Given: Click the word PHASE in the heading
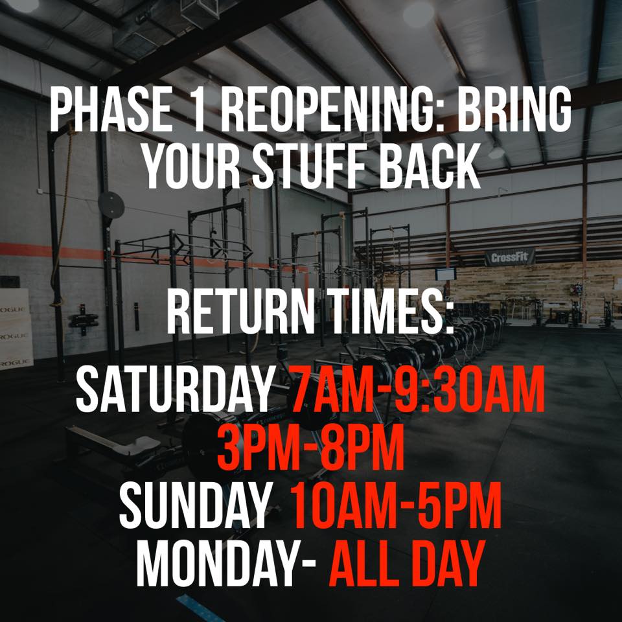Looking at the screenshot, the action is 111,109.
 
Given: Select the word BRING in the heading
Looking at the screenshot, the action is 514,109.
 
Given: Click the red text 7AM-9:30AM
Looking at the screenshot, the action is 417,389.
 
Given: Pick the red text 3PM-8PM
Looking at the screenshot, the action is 311,447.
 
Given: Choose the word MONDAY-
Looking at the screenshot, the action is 226,562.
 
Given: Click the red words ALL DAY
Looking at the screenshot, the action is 407,562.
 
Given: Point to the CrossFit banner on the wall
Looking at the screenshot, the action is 510,257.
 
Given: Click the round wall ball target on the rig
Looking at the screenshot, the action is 111,205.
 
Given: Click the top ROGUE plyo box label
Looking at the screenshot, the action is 13,309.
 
